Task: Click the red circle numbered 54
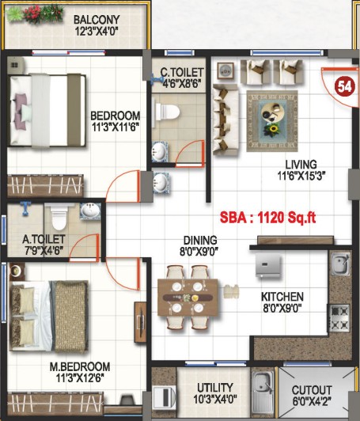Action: click(x=345, y=87)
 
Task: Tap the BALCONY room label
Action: click(x=97, y=20)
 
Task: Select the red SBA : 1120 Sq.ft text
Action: click(x=267, y=218)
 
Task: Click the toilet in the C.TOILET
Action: click(x=166, y=112)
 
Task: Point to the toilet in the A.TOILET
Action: click(x=59, y=217)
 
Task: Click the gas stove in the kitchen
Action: click(x=339, y=318)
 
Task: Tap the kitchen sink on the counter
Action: click(x=340, y=264)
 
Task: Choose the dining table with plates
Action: click(x=188, y=298)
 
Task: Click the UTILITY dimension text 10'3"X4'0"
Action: click(x=215, y=399)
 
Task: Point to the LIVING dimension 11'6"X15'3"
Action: click(x=301, y=176)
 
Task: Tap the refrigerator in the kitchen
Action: click(x=268, y=266)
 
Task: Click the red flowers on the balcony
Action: click(x=32, y=14)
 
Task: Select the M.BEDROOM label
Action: click(x=80, y=366)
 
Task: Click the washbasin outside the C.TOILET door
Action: click(x=161, y=182)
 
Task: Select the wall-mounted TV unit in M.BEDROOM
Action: click(x=140, y=322)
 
